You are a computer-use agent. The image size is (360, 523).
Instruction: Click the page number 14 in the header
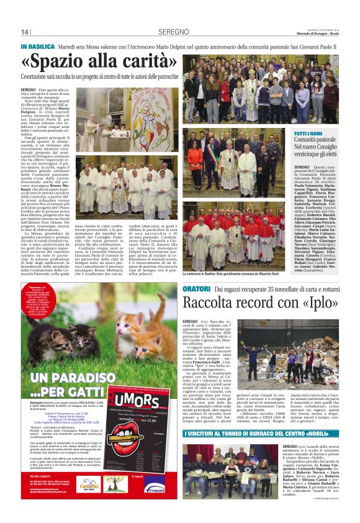(x=25, y=32)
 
